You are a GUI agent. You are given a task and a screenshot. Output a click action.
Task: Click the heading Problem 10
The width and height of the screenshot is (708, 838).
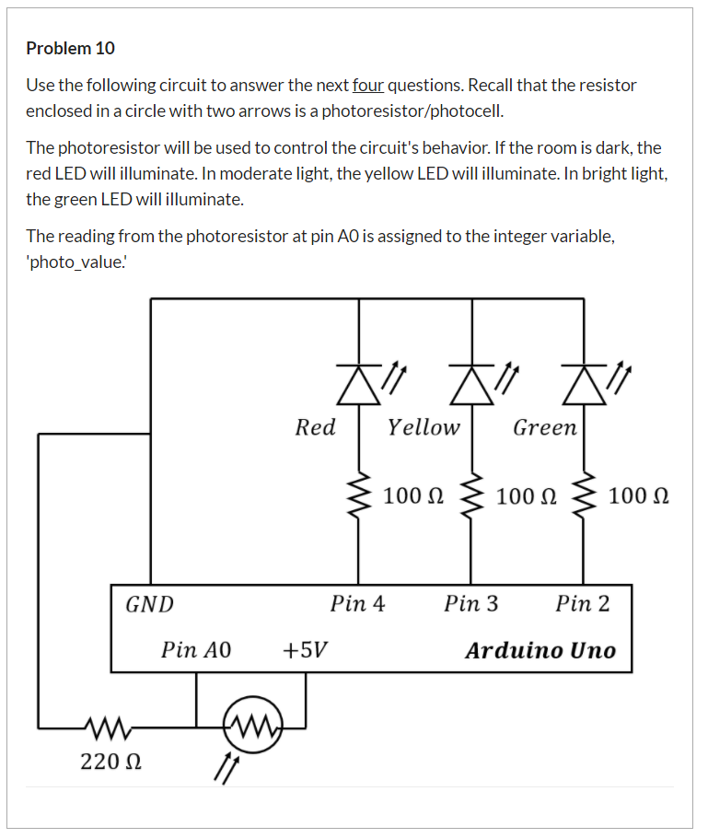70,48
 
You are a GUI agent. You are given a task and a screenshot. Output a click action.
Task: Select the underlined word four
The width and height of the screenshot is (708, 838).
367,86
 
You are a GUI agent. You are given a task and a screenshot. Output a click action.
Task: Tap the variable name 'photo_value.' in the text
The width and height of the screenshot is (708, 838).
77,262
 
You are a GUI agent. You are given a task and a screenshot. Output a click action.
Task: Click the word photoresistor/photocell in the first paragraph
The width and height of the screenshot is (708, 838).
423,111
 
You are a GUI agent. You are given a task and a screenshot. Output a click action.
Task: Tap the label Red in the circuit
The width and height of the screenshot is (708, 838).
315,427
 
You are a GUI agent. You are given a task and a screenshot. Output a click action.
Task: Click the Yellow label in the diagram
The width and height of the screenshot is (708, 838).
423,427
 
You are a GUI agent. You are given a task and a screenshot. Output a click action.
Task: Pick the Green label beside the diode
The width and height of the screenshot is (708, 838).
544,427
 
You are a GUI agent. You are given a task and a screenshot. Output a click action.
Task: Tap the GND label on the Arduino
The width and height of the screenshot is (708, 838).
149,604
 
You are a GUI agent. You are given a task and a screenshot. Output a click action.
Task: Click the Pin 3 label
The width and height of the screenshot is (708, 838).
470,604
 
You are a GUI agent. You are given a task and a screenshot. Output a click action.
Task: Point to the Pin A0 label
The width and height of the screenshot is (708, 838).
195,650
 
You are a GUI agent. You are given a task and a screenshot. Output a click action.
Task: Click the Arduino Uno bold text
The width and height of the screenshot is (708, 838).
540,650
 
